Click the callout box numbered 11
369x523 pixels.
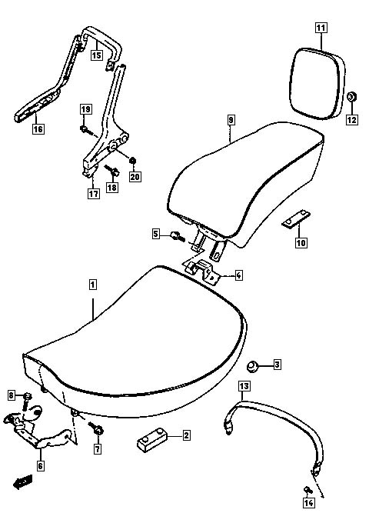[x=321, y=28]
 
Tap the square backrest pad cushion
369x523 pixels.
[x=317, y=83]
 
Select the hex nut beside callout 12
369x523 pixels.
[x=351, y=97]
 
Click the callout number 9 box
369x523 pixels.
[x=231, y=120]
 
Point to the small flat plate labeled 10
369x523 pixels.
[x=296, y=218]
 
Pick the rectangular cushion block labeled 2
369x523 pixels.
[x=152, y=440]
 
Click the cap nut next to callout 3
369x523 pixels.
[x=253, y=366]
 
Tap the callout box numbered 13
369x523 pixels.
[x=244, y=386]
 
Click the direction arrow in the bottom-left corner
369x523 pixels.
[x=22, y=481]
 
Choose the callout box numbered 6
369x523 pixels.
[x=40, y=465]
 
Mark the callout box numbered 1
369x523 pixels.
[x=93, y=285]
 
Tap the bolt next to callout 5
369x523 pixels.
[x=177, y=236]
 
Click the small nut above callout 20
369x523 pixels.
[x=132, y=161]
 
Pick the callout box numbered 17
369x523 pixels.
[x=94, y=194]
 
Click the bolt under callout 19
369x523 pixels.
[x=85, y=130]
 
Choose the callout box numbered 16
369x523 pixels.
[x=38, y=128]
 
